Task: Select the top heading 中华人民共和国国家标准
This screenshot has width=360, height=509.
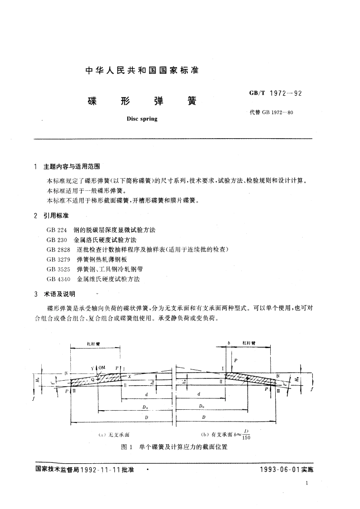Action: (x=143, y=71)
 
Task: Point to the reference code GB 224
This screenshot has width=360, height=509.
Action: (x=56, y=230)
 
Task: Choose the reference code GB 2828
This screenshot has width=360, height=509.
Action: (x=58, y=250)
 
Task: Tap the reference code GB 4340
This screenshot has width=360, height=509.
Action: (x=58, y=278)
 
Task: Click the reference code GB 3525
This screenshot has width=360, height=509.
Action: (x=58, y=269)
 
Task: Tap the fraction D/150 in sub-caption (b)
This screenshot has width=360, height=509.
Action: (x=246, y=434)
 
